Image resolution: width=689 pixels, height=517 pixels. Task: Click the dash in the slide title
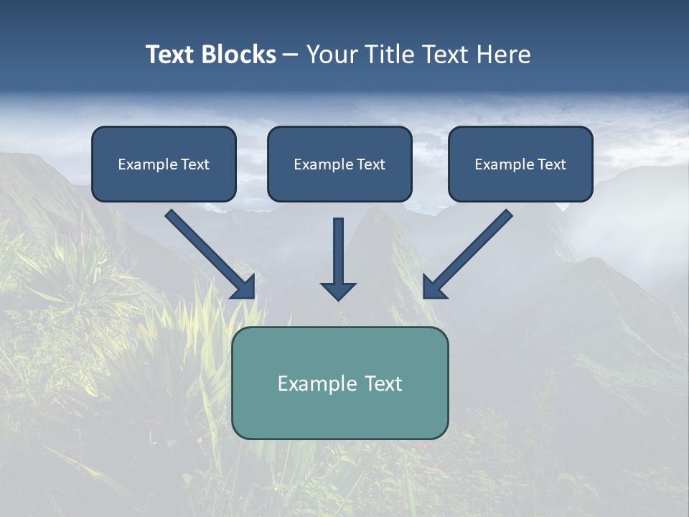[291, 55]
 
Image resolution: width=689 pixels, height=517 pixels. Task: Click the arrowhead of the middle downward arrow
[338, 290]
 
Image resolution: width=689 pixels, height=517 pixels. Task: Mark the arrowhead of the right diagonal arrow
[433, 288]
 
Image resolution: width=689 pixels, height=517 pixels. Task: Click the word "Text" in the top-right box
[551, 164]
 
